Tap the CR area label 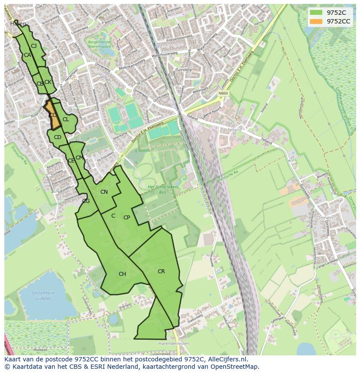[161, 271]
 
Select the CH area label [122, 274]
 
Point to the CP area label [127, 218]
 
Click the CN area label [104, 192]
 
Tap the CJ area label [33, 46]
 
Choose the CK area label [48, 82]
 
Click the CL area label [66, 119]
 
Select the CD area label [57, 137]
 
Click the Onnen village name [324, 218]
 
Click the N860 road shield [223, 93]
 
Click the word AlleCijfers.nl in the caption [227, 359]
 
